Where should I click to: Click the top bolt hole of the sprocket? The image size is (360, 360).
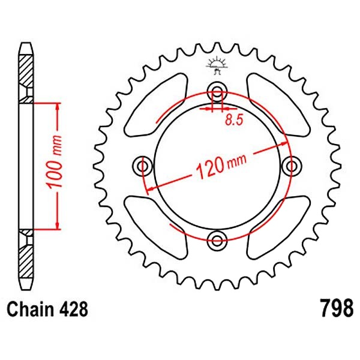(x=217, y=90)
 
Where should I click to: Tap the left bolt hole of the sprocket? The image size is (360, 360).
(x=143, y=166)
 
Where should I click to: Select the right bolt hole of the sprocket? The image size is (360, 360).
(x=292, y=166)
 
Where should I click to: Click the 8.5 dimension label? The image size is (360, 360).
(x=234, y=120)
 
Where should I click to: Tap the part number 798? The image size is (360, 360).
(x=337, y=308)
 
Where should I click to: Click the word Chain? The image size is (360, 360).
(x=29, y=309)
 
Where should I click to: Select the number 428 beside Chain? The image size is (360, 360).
(x=73, y=309)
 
